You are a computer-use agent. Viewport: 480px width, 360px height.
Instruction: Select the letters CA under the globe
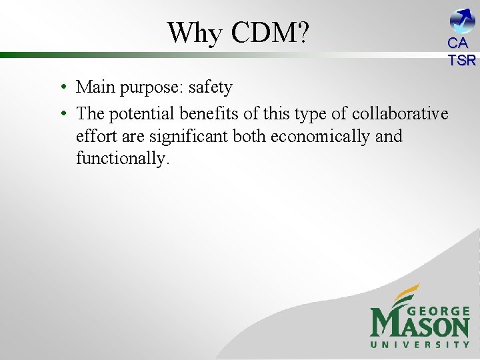[458, 44]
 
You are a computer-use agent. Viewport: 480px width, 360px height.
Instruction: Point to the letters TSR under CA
[462, 60]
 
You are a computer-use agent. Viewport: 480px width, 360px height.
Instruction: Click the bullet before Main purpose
[61, 88]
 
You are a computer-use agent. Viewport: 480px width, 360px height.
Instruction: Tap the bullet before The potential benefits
[61, 114]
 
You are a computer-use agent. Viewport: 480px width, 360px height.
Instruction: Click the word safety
[211, 87]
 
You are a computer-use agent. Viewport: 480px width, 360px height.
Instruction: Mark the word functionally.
[123, 159]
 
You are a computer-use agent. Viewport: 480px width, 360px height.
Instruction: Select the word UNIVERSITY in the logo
[420, 345]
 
